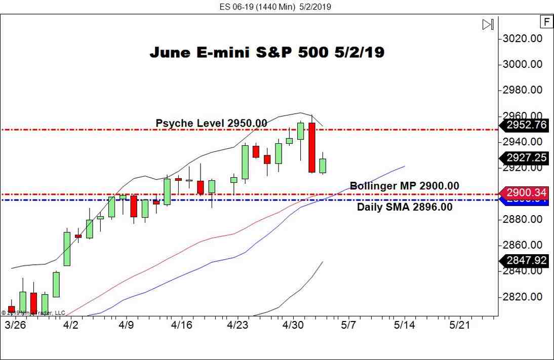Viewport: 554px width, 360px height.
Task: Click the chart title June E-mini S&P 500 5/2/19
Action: [x=267, y=52]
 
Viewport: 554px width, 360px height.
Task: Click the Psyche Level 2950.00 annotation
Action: [x=211, y=123]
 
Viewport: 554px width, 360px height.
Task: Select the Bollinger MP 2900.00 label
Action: [x=405, y=186]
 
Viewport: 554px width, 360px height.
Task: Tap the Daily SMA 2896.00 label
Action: [x=405, y=207]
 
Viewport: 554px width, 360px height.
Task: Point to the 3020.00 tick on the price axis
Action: [x=522, y=38]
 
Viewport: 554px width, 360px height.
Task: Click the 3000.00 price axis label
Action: [x=522, y=64]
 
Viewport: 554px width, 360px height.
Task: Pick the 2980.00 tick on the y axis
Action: [x=522, y=90]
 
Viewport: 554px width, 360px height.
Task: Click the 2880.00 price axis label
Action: [x=522, y=219]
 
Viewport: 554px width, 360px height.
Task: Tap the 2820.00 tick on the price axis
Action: [x=522, y=297]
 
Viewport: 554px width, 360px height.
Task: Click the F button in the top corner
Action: [x=546, y=22]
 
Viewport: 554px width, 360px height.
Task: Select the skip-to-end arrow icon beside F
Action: [x=488, y=24]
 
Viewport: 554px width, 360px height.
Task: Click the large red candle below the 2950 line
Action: [x=312, y=147]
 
